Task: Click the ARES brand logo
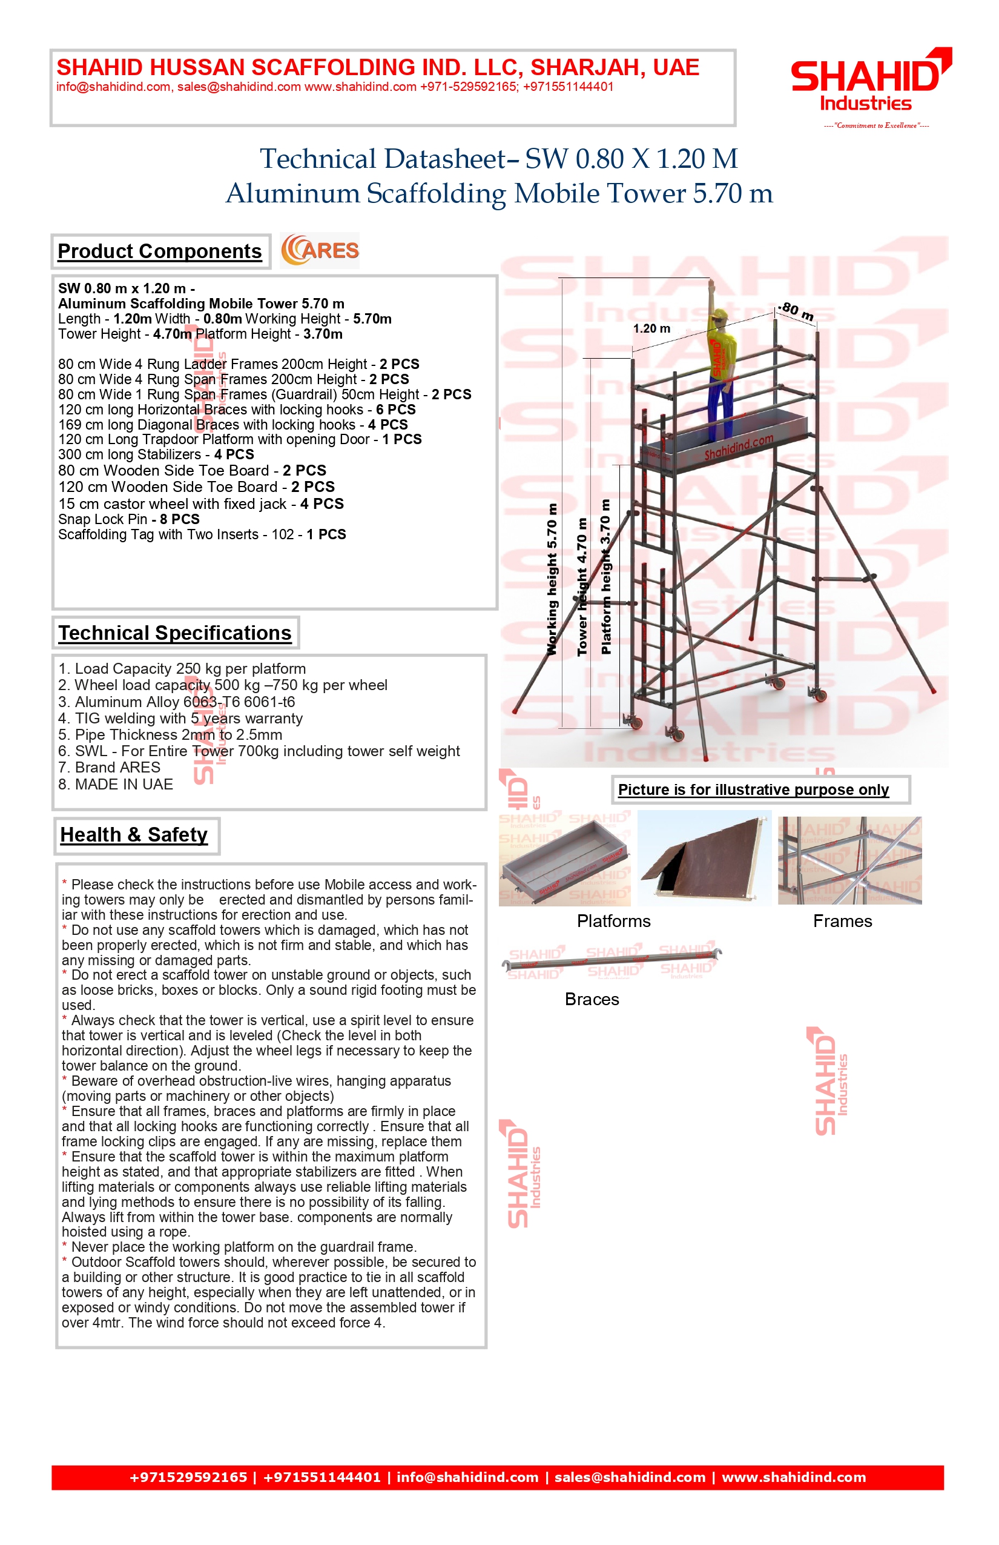[x=320, y=251]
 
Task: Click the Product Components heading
[x=160, y=251]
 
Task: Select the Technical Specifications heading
[x=175, y=633]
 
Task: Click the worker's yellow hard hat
[x=719, y=316]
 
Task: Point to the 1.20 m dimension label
[x=651, y=328]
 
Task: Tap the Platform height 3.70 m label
[x=606, y=576]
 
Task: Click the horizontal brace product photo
[x=612, y=961]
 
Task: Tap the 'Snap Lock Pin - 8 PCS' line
[x=128, y=519]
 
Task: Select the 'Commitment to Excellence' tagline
[x=875, y=125]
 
